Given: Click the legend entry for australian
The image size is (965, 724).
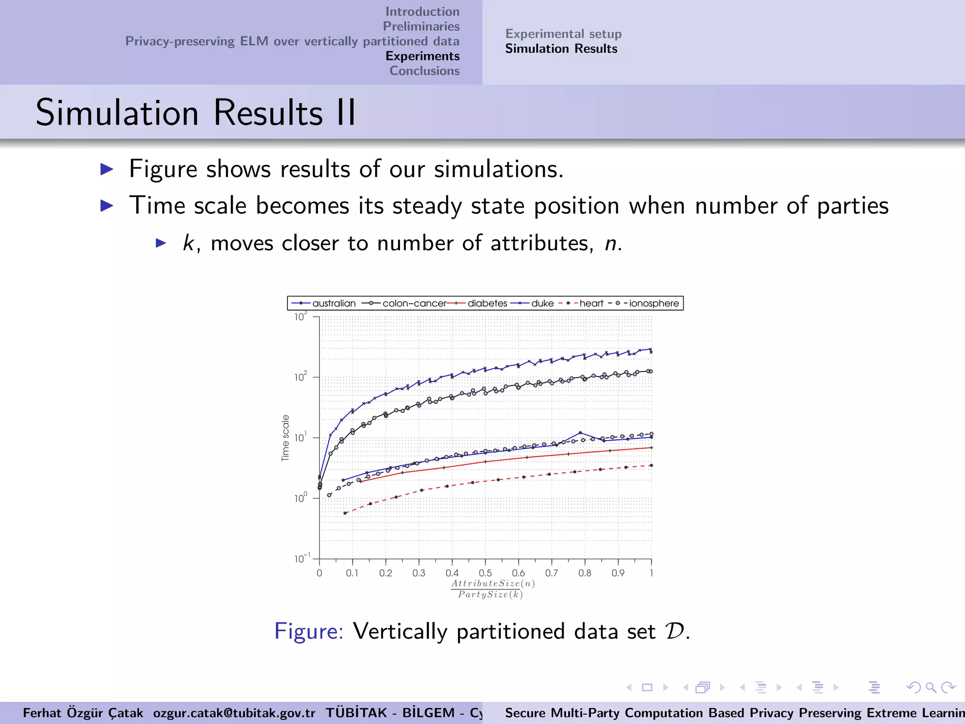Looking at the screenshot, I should pos(334,304).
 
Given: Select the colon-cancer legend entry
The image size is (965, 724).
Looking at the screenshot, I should pos(414,304).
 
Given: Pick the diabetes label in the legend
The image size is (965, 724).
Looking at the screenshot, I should pos(487,304).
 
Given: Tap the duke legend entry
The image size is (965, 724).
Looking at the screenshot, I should pos(542,304).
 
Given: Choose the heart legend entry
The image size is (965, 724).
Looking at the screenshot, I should pos(591,304).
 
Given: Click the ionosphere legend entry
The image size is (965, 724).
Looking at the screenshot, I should pos(654,304).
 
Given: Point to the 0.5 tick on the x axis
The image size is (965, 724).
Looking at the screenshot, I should pos(485,573).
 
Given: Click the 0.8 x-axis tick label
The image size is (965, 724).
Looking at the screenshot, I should pos(585,573).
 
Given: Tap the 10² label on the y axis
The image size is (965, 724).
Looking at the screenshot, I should pos(301,377).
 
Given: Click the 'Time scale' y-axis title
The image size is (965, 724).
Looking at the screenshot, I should pos(285,438).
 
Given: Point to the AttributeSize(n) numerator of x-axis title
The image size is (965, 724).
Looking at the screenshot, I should pos(493,584).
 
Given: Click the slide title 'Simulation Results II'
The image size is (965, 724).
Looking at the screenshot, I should pos(196,113).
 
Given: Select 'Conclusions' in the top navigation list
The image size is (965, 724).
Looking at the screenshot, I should pos(424,71).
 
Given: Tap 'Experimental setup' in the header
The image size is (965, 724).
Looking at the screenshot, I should pos(563,34).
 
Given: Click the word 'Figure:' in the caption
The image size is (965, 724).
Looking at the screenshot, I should pos(309,631).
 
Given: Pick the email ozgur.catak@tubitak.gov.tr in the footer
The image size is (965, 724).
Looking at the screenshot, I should pos(234,713).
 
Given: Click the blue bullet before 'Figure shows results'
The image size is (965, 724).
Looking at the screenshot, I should pos(107,169).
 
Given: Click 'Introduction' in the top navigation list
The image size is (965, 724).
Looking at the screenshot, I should pos(422,11).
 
